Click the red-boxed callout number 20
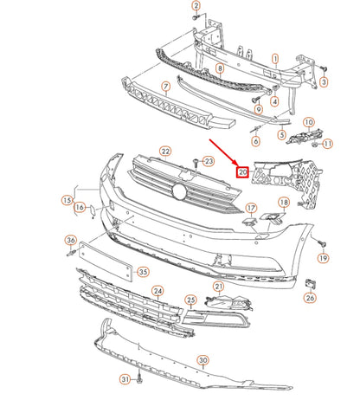243,172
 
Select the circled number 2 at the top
196,6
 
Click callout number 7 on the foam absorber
165,88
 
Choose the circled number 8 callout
220,68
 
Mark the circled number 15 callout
66,200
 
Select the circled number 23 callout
208,162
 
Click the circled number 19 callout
324,258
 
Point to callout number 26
311,298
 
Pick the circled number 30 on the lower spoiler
203,359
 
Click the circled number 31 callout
125,379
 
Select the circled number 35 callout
143,271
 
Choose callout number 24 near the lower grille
157,291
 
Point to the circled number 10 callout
309,123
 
